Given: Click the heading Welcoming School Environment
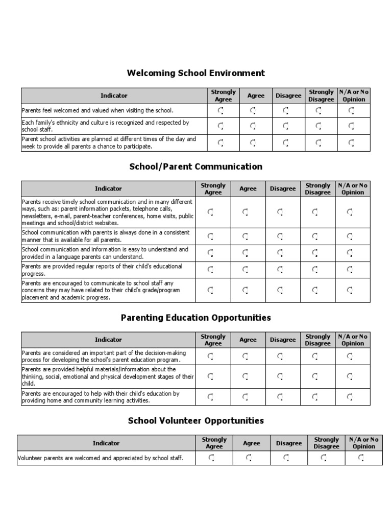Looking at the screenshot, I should pos(196,73).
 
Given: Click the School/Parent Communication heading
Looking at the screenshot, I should pos(196,167).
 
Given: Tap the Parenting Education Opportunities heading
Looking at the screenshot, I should pos(196,318).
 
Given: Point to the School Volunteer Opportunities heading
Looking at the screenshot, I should pos(196,421).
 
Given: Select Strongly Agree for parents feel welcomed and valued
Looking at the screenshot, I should pos(220,111).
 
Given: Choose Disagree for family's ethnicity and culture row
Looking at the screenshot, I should pos(286,126).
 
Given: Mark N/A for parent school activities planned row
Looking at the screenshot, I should pos(351,143).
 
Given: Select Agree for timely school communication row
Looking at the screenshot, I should pos(246,212).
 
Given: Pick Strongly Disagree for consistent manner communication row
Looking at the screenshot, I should pos(315,236).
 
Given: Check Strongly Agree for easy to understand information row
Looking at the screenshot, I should pos(210,253).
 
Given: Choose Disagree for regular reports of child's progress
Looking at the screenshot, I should pos(280,270).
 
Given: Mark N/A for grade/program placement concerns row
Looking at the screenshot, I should pos(350,290).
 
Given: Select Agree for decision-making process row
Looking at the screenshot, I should pos(246,356).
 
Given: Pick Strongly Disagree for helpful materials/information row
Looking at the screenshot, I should pos(315,376).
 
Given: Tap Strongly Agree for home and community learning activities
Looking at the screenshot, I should pos(210,396).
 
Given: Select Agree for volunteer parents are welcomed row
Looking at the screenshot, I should pos(249,458).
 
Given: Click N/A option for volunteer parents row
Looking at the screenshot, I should pos(361,458).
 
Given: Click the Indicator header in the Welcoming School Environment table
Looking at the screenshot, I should pos(114,96).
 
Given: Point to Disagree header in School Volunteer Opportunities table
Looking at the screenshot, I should pos(289,443).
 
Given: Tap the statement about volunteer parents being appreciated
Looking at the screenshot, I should pos(100,458).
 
